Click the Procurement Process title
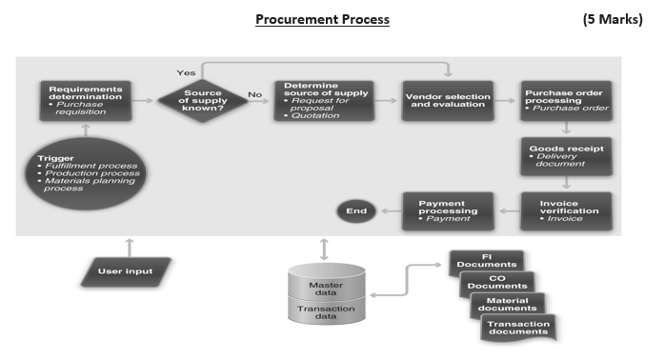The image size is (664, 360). pyautogui.click(x=322, y=19)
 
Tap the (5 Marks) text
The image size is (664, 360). pyautogui.click(x=616, y=19)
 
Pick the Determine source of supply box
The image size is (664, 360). pyautogui.click(x=325, y=101)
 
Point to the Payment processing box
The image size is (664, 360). pyautogui.click(x=446, y=210)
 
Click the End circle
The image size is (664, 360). pyautogui.click(x=355, y=210)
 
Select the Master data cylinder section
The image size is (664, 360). pyautogui.click(x=326, y=287)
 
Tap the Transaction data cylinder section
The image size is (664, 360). pyautogui.click(x=326, y=314)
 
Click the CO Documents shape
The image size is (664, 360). pyautogui.click(x=495, y=284)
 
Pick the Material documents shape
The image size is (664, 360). pyautogui.click(x=509, y=305)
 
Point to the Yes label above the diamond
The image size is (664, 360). pyautogui.click(x=186, y=72)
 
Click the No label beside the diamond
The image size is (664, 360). pyautogui.click(x=254, y=94)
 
